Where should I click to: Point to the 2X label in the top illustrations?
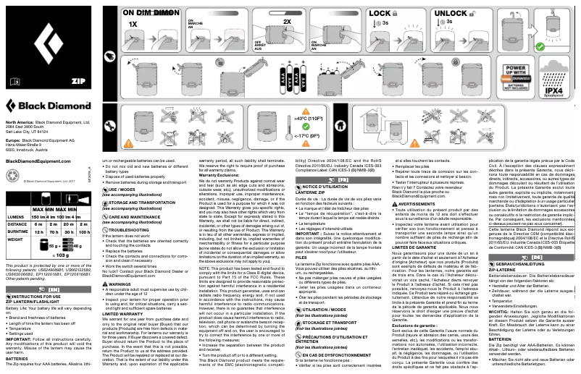[x=287, y=22]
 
